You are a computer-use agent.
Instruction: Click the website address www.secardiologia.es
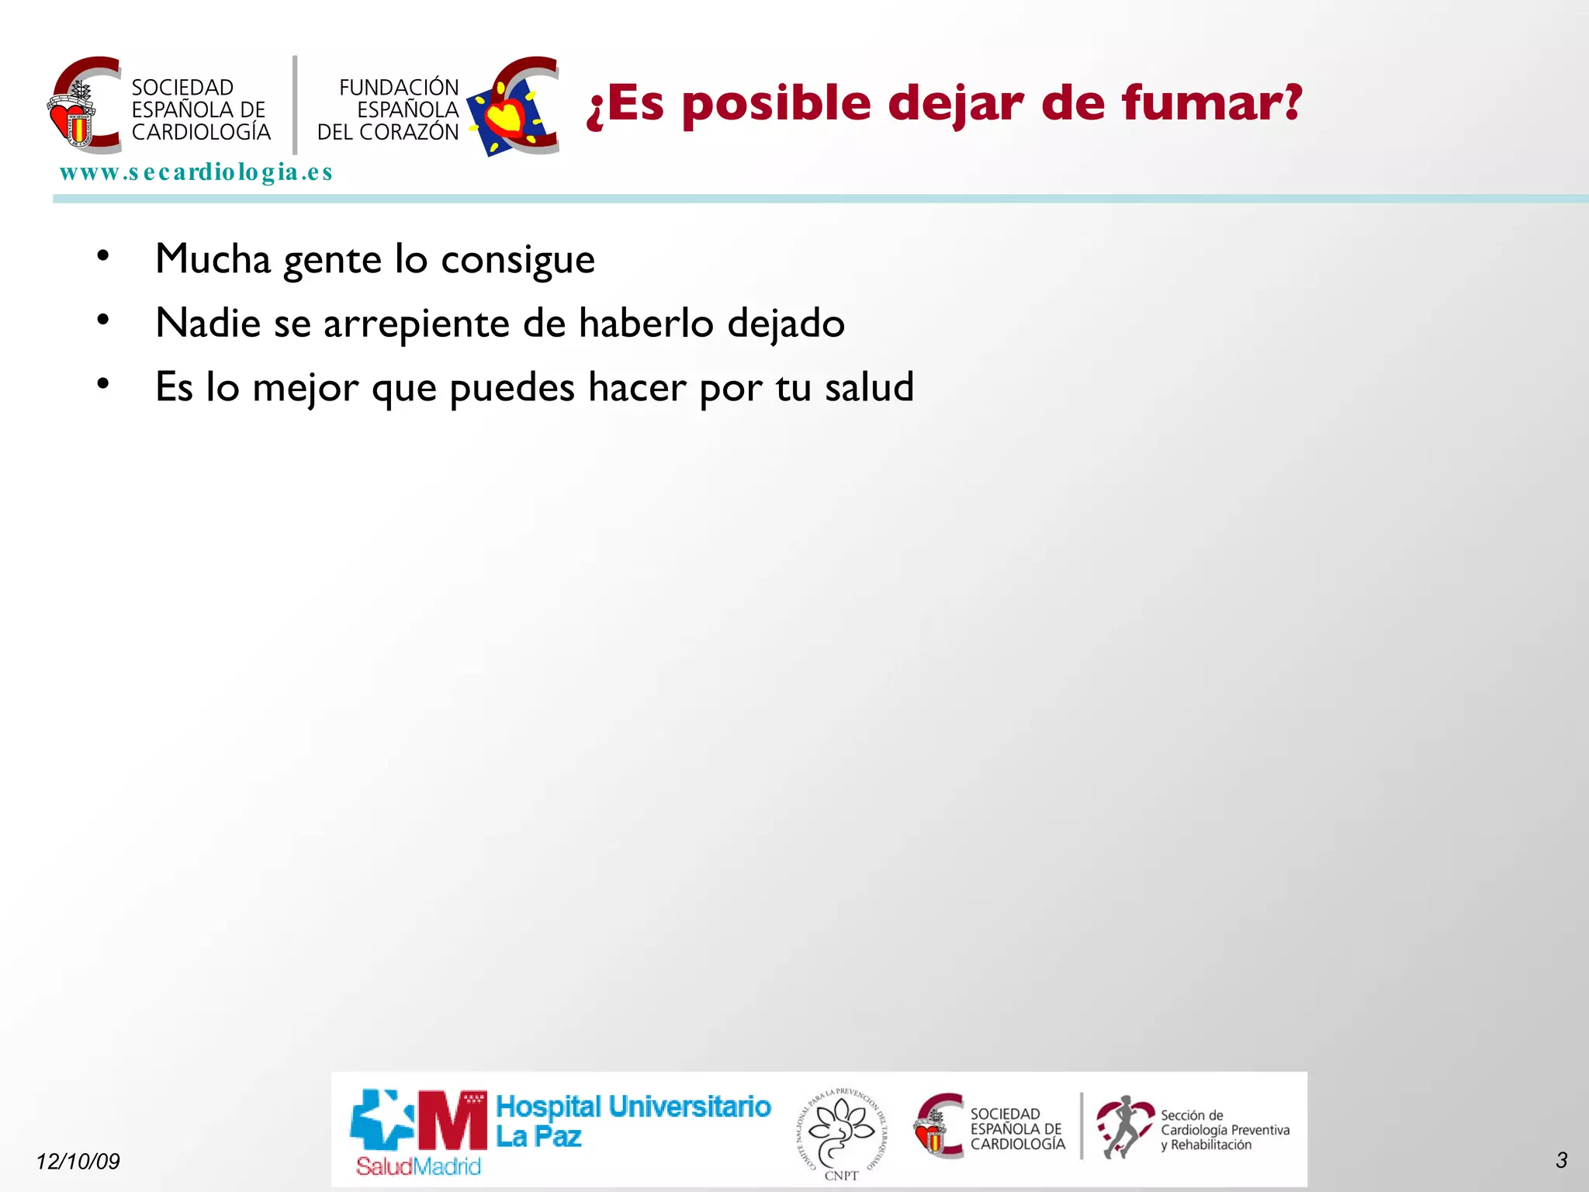pyautogui.click(x=196, y=172)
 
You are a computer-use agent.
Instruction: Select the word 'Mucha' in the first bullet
pyautogui.click(x=213, y=258)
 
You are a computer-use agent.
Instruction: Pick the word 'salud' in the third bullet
pyautogui.click(x=869, y=386)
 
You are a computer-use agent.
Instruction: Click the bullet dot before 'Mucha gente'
pyautogui.click(x=103, y=255)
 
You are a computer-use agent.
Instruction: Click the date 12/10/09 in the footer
pyautogui.click(x=78, y=1161)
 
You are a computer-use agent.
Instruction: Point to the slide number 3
pyautogui.click(x=1561, y=1160)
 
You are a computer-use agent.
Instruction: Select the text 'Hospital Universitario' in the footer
pyautogui.click(x=633, y=1107)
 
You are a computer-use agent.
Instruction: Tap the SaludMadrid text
pyautogui.click(x=418, y=1166)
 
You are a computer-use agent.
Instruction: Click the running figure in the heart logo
pyautogui.click(x=1122, y=1127)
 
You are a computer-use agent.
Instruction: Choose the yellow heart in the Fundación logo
pyautogui.click(x=506, y=116)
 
